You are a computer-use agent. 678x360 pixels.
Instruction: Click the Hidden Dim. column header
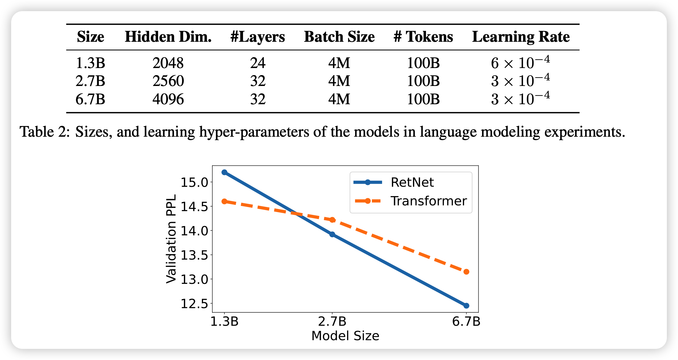tap(168, 37)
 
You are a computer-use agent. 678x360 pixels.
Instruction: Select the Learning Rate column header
tap(521, 37)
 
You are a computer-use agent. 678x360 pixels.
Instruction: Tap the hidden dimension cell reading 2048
tap(168, 63)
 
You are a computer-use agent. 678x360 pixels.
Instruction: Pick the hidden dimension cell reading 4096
tap(168, 99)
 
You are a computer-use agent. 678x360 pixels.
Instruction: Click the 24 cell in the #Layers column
tap(258, 63)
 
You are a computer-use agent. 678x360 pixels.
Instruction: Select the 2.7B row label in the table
tap(90, 81)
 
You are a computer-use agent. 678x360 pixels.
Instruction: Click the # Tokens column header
tap(423, 37)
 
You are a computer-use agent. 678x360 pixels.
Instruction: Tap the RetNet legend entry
tap(412, 182)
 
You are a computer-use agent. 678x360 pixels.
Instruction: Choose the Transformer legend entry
tap(428, 201)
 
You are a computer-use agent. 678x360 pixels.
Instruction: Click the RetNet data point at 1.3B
tap(224, 172)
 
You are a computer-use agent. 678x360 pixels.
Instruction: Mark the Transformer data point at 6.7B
tap(466, 272)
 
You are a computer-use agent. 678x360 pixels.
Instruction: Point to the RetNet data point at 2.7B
tap(332, 234)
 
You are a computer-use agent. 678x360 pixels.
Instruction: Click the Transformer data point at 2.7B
tap(332, 220)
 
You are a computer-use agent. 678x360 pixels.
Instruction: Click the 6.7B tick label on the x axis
tap(466, 322)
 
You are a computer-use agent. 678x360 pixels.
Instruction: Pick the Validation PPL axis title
tap(171, 239)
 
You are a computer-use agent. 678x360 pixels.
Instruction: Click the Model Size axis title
tap(345, 336)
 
